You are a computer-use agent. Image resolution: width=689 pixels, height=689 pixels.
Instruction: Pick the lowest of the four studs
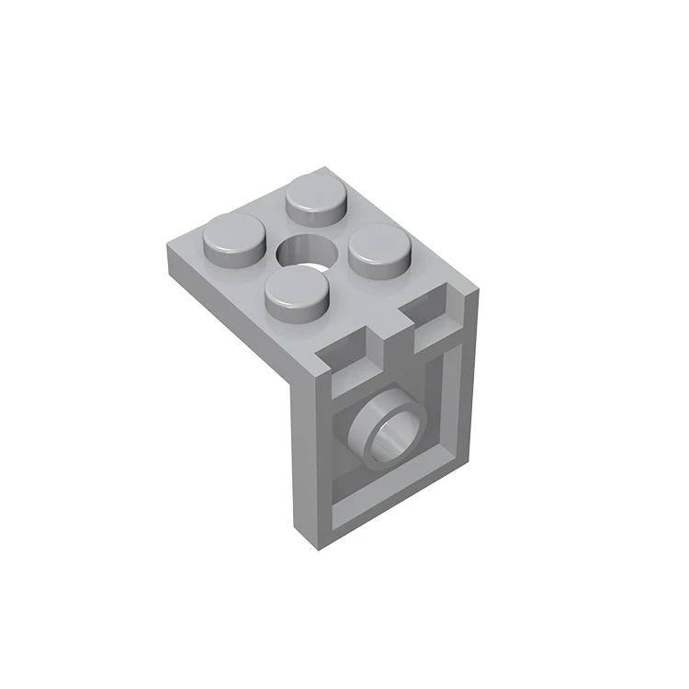point(296,292)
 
